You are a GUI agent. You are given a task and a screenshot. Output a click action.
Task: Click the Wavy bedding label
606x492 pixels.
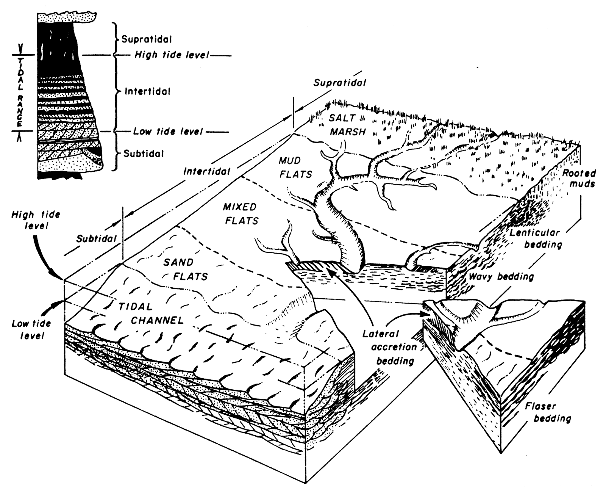pyautogui.click(x=501, y=276)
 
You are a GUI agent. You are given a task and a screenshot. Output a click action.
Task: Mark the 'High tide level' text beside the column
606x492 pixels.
pyautogui.click(x=172, y=55)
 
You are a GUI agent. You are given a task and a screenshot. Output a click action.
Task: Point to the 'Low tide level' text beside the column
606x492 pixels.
pyautogui.click(x=168, y=132)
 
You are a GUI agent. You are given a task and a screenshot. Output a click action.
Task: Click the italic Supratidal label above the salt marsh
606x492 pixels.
pyautogui.click(x=340, y=83)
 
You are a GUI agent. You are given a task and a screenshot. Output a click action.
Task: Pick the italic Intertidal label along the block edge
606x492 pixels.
pyautogui.click(x=207, y=171)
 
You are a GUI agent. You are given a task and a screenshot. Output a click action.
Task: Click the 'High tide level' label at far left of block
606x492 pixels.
pyautogui.click(x=36, y=220)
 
